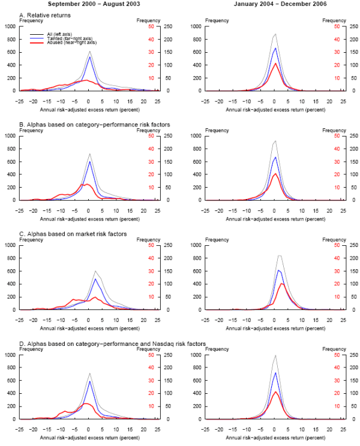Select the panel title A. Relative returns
pos(46,15)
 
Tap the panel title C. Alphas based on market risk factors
pos(73,234)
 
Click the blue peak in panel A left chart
pos(89,57)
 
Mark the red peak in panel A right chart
pos(275,64)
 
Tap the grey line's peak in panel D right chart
pos(275,355)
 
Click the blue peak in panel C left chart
pos(95,279)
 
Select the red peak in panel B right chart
pos(275,174)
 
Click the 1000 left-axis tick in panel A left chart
pos(10,26)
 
